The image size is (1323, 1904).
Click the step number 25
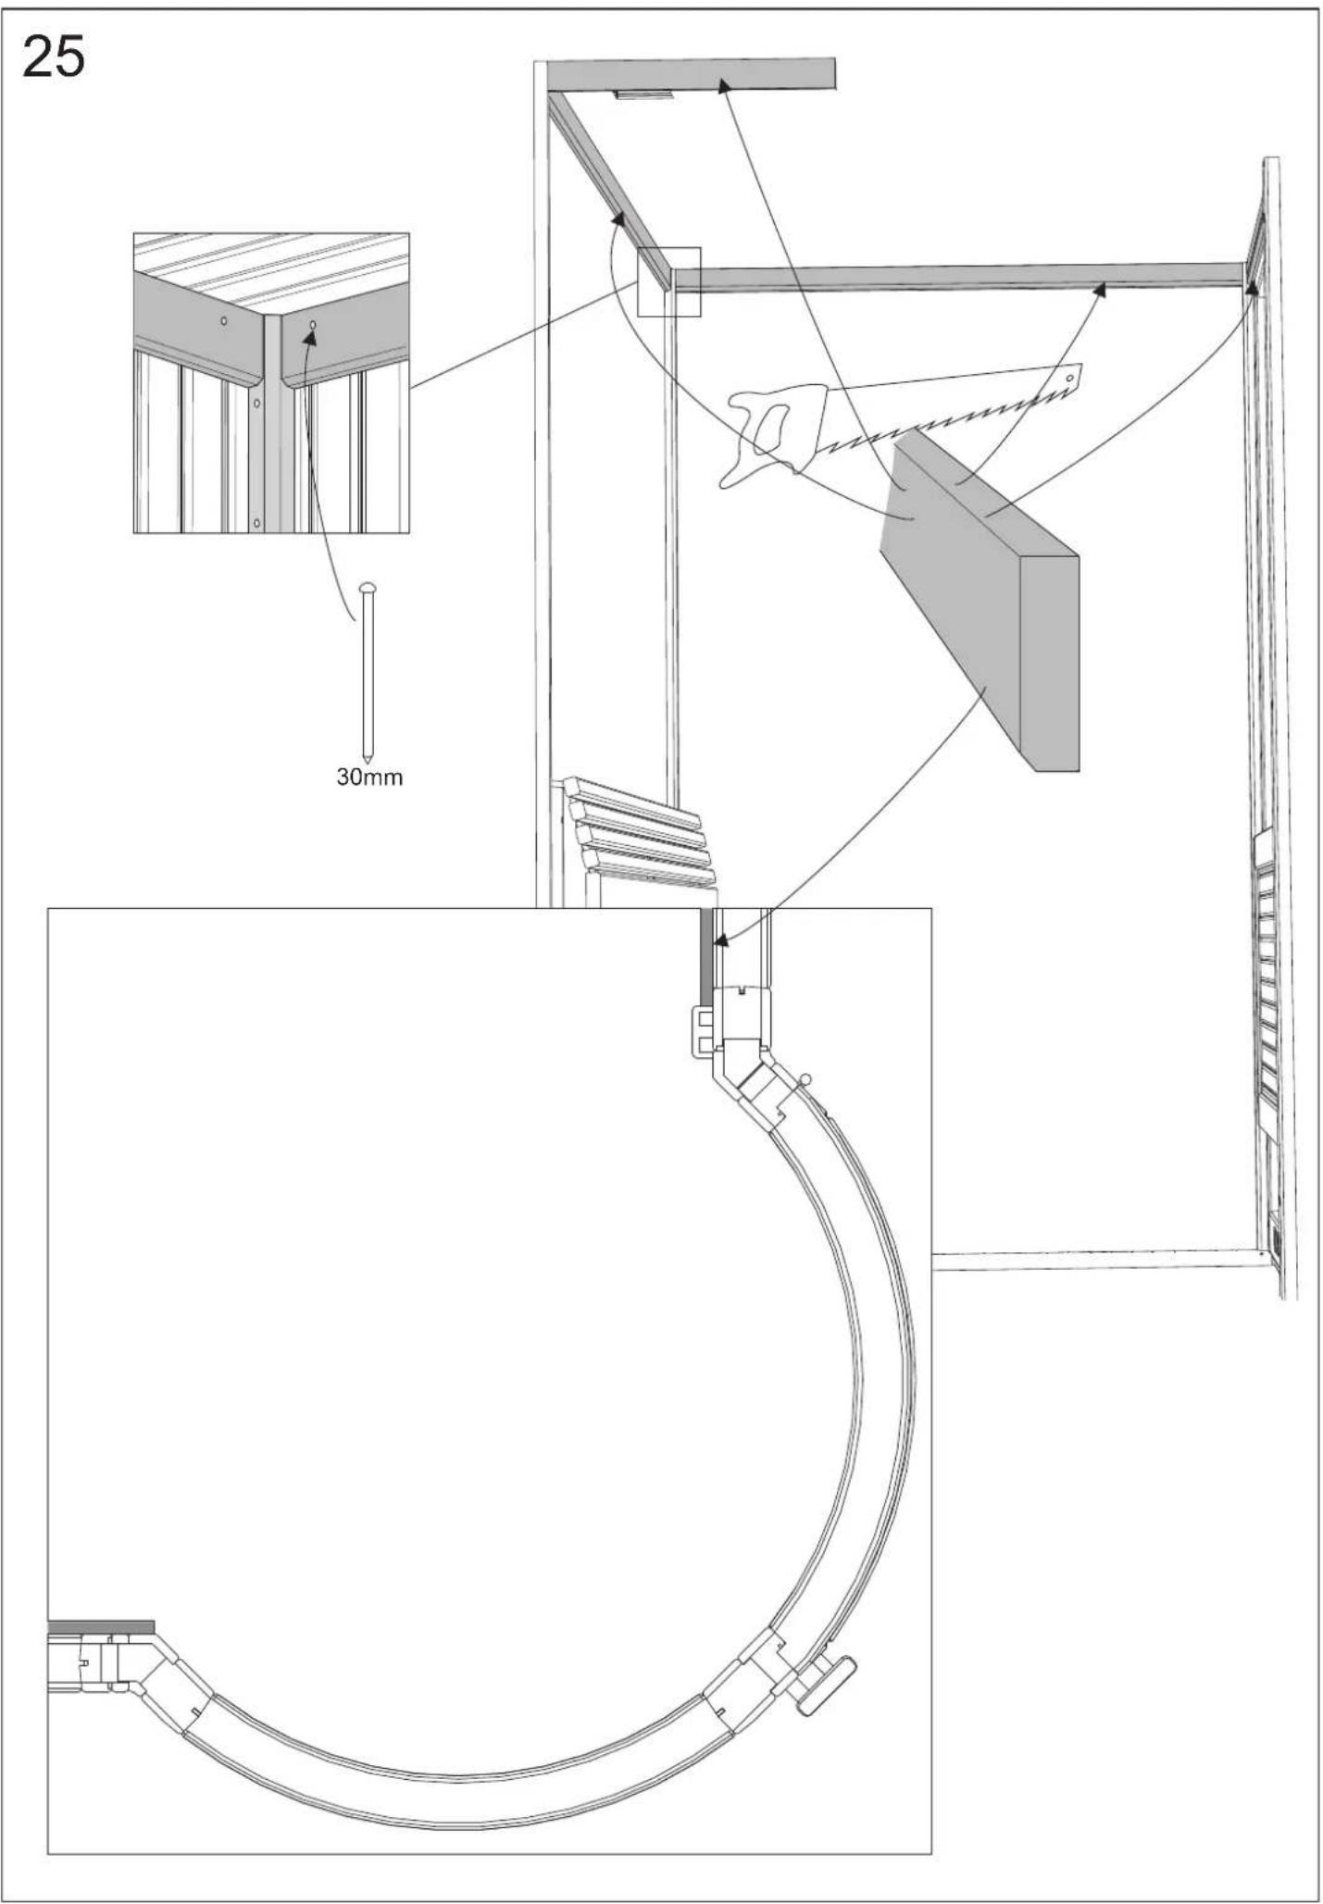click(54, 57)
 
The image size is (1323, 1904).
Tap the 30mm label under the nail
click(368, 777)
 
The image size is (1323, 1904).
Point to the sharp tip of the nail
click(368, 758)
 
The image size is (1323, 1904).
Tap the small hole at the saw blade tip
click(1070, 379)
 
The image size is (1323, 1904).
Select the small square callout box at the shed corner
click(669, 281)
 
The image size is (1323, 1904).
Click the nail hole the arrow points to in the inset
click(313, 325)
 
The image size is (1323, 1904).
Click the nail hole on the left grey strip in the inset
click(223, 321)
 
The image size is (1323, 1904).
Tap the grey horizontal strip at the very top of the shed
click(690, 74)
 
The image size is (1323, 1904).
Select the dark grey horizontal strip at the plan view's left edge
click(100, 1625)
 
